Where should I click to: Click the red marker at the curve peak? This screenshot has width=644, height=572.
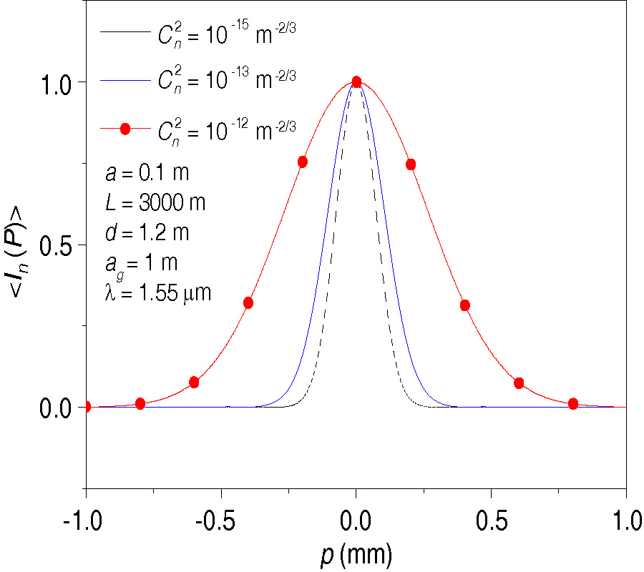pyautogui.click(x=356, y=82)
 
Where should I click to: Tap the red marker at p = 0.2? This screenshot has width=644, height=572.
pyautogui.click(x=411, y=164)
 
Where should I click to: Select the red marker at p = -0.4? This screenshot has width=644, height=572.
pyautogui.click(x=248, y=302)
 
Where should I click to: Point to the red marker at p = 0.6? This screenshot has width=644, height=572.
pyautogui.click(x=519, y=383)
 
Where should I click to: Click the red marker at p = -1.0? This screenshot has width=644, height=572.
pyautogui.click(x=87, y=406)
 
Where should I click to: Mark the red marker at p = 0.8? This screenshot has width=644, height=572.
pyautogui.click(x=573, y=404)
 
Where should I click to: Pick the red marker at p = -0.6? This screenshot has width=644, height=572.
pyautogui.click(x=194, y=383)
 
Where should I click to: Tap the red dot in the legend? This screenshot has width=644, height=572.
pyautogui.click(x=125, y=129)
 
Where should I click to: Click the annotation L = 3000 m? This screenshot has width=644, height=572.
pyautogui.click(x=155, y=203)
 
